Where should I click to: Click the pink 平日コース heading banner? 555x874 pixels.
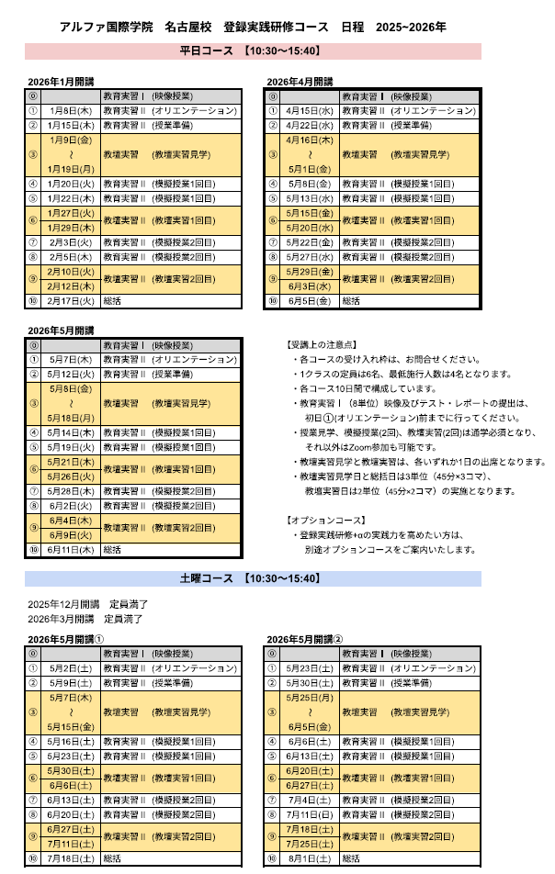(252, 50)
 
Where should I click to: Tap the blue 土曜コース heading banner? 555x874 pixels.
(252, 578)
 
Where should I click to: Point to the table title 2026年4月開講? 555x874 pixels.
(300, 83)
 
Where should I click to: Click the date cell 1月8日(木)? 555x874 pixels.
(70, 110)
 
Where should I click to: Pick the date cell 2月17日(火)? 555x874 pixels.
(70, 300)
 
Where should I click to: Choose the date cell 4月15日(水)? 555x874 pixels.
(309, 110)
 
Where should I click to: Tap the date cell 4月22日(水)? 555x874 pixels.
(309, 125)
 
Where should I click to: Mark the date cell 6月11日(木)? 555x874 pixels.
(70, 550)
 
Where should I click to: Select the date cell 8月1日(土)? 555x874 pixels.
(309, 858)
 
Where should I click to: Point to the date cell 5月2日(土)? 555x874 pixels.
(70, 668)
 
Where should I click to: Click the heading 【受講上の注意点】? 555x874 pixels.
(318, 345)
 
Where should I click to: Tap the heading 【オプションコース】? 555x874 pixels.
(322, 521)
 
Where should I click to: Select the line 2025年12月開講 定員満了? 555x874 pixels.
(87, 604)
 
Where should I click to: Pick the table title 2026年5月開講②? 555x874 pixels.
(304, 639)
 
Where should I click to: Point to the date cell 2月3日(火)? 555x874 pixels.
(70, 242)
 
